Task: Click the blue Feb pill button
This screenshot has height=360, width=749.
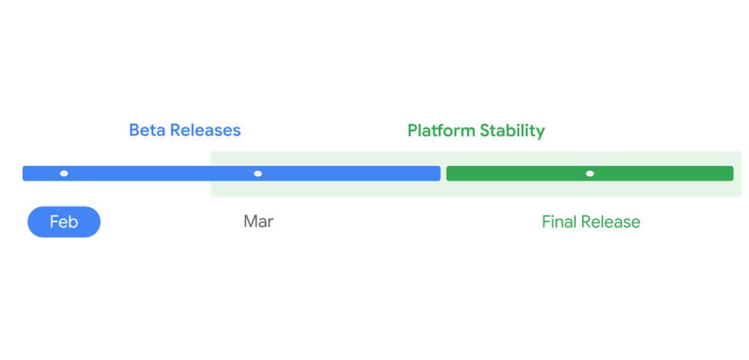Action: pyautogui.click(x=64, y=221)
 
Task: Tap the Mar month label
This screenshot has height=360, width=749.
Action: pyautogui.click(x=258, y=221)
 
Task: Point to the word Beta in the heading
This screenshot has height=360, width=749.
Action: pyautogui.click(x=147, y=130)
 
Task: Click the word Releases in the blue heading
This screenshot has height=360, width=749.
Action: pyautogui.click(x=205, y=130)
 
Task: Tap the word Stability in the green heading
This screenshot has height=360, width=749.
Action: pyautogui.click(x=512, y=130)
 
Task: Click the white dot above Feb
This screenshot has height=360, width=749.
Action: pyautogui.click(x=64, y=173)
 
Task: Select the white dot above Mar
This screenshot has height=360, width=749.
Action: pyautogui.click(x=258, y=173)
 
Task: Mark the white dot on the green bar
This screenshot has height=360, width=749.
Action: pyautogui.click(x=590, y=173)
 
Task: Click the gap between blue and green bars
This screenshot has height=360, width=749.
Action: pyautogui.click(x=443, y=173)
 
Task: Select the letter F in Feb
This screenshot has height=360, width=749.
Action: pyautogui.click(x=54, y=221)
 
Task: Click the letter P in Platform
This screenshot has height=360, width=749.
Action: pyautogui.click(x=412, y=130)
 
